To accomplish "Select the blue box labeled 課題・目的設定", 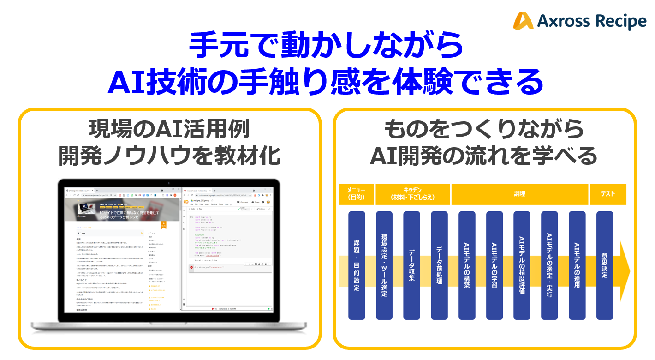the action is pos(357,265).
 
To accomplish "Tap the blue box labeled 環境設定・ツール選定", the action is pos(384,265).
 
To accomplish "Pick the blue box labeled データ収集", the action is pos(412,265).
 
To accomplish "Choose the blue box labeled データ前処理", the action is pos(439,265).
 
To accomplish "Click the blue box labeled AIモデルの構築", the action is pos(467,265).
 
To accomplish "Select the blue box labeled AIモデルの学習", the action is pos(494,265).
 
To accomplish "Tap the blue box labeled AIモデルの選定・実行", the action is pos(549,265).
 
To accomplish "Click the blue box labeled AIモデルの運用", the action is pos(577,265).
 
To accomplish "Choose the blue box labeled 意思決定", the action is pos(605,265).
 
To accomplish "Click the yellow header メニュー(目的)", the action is pos(356,194).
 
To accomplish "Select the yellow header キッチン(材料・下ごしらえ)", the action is pos(413,194).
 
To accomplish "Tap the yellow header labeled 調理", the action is pos(519,194).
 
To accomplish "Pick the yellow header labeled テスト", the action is pos(608,194).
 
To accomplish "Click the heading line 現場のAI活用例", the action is pos(169,131).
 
